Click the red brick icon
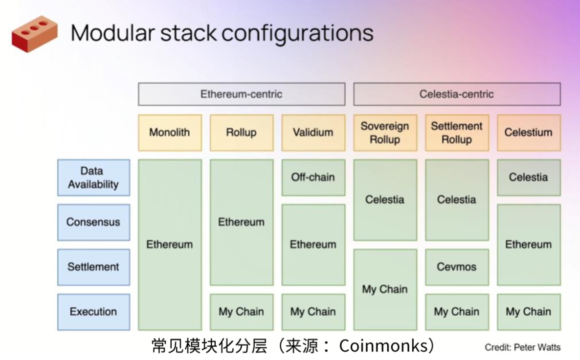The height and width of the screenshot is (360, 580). pyautogui.click(x=34, y=33)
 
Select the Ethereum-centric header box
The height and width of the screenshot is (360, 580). pyautogui.click(x=241, y=94)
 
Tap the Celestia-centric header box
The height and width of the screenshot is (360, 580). pyautogui.click(x=457, y=94)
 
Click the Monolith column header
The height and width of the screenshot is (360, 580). pyautogui.click(x=170, y=133)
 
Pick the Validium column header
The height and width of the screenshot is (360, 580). pyautogui.click(x=313, y=133)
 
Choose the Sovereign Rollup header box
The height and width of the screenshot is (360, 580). pyautogui.click(x=385, y=133)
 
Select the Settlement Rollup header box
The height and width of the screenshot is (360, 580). pyautogui.click(x=457, y=133)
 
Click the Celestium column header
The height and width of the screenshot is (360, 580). pyautogui.click(x=529, y=133)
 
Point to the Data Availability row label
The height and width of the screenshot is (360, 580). pyautogui.click(x=93, y=178)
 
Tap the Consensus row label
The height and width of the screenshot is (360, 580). pyautogui.click(x=93, y=222)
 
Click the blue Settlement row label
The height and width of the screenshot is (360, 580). pyautogui.click(x=93, y=267)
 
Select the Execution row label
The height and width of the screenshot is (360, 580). pyautogui.click(x=93, y=312)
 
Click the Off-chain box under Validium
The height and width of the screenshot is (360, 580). pyautogui.click(x=313, y=177)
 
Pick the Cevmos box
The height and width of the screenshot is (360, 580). pyautogui.click(x=457, y=267)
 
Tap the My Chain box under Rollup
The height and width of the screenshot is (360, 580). pyautogui.click(x=241, y=312)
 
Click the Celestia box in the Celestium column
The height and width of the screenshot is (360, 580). pyautogui.click(x=529, y=177)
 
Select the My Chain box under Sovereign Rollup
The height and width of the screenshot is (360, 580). pyautogui.click(x=385, y=289)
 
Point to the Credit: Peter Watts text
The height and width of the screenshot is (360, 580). pyautogui.click(x=522, y=347)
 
